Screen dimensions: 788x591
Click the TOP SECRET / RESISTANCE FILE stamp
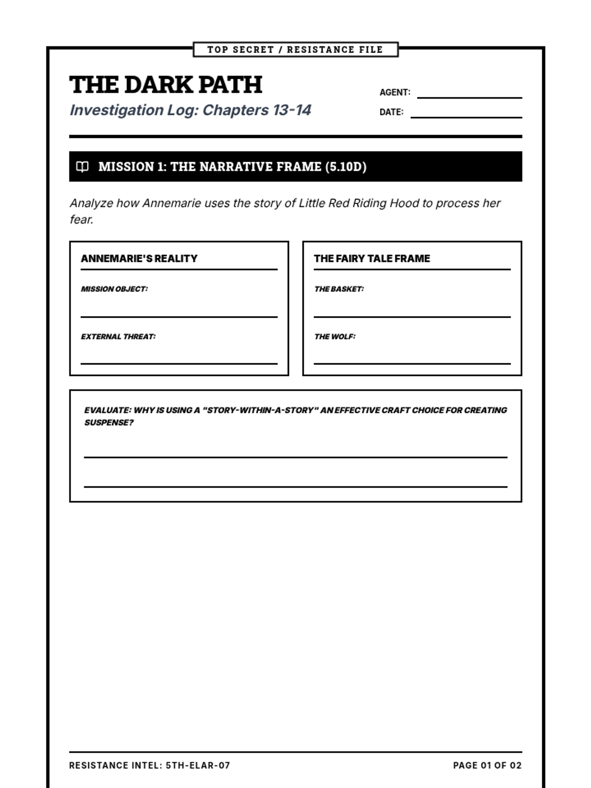pos(295,50)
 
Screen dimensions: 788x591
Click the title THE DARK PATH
pos(166,85)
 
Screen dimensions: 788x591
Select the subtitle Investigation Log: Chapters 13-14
pos(190,110)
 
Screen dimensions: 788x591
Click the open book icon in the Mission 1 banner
pos(83,166)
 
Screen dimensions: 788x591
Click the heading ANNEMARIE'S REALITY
pos(139,259)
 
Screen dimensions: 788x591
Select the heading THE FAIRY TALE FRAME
pos(372,259)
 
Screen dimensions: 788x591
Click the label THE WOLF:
pos(335,337)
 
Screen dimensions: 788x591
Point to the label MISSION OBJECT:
pos(114,289)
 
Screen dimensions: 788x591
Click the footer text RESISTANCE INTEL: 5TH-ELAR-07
pos(149,765)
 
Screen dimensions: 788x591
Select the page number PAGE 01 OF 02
pos(487,765)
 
